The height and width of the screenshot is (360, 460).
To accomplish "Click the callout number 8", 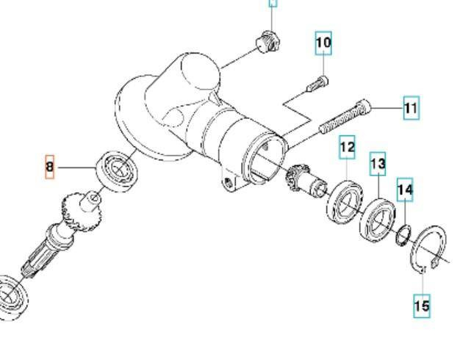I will pos(50,168).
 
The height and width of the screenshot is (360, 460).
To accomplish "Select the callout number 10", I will pos(323,43).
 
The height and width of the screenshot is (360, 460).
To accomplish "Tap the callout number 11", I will pos(411,109).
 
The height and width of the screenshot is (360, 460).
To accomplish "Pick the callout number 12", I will pos(347,148).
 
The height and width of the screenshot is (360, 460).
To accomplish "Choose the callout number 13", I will pos(377,165).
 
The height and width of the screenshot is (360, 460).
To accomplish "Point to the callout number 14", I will pos(405,190).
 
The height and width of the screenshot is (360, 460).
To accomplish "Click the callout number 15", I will pos(421,306).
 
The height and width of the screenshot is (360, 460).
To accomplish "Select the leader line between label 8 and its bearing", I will pos(77,168).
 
